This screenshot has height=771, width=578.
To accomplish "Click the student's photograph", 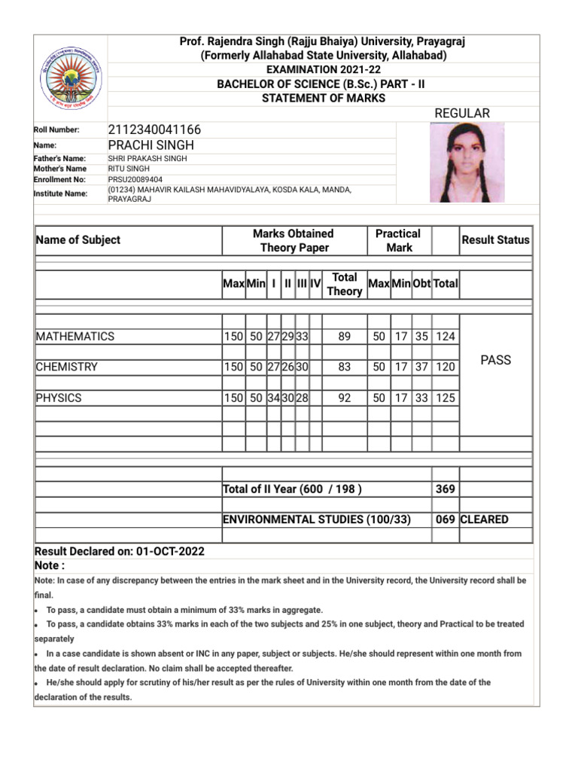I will (461, 163).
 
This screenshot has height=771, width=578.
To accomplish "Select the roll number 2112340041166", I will (154, 130).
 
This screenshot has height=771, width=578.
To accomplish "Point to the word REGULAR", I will (462, 113).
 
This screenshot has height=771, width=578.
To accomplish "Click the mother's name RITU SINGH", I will (129, 169).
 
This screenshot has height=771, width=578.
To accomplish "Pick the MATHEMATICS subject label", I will (75, 337).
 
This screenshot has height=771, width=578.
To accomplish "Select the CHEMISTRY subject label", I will (67, 367).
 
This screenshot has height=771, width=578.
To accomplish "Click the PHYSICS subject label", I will (59, 397).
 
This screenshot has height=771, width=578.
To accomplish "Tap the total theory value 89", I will (345, 337).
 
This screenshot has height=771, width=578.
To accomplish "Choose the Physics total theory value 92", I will (345, 397).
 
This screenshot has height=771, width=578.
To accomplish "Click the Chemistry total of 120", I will (445, 367).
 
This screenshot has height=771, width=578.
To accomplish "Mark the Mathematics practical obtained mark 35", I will (422, 337).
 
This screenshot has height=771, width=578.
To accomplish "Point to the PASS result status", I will (495, 360).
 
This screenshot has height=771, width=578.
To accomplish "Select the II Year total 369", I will (445, 489).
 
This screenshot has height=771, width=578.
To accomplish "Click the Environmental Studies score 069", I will (445, 520).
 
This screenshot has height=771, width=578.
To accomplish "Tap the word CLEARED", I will (484, 520).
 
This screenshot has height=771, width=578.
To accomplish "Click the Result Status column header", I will (495, 240).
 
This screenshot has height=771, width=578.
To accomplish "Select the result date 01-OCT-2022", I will (171, 551).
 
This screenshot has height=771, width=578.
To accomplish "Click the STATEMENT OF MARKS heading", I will (323, 99).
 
